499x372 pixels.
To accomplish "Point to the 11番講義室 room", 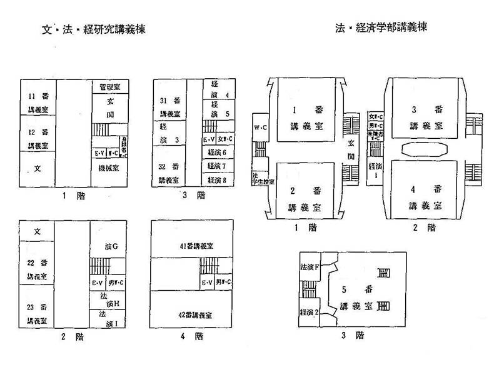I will pyautogui.click(x=38, y=103).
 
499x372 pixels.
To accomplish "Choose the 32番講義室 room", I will pyautogui.click(x=169, y=172).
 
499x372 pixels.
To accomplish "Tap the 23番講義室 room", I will pyautogui.click(x=38, y=313).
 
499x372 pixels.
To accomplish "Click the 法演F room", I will pyautogui.click(x=310, y=267).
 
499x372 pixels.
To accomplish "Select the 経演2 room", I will pyautogui.click(x=310, y=312).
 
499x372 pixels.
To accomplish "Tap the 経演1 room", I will pyautogui.click(x=375, y=171).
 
